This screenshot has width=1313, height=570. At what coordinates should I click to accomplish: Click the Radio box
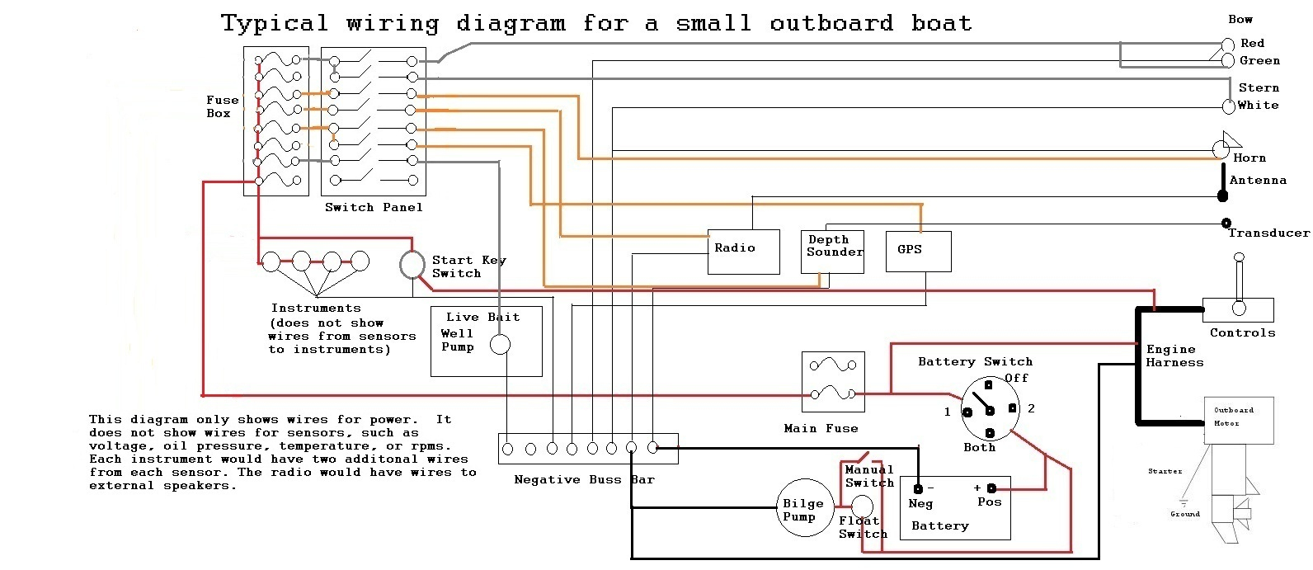click(x=743, y=252)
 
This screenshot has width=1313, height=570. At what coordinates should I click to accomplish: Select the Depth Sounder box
click(x=833, y=252)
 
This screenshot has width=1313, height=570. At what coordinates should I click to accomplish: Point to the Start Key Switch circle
click(x=412, y=265)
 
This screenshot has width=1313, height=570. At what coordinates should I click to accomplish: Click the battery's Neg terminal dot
click(x=918, y=488)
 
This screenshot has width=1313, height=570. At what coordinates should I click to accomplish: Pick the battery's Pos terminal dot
click(x=991, y=488)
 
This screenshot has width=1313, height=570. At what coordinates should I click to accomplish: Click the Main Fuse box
click(x=833, y=382)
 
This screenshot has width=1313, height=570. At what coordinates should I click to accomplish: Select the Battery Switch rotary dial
click(x=988, y=408)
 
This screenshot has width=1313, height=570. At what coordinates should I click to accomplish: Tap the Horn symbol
click(x=1222, y=148)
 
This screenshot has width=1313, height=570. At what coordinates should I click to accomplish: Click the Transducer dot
click(x=1226, y=223)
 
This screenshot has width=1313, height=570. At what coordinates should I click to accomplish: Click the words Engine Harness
click(x=1174, y=356)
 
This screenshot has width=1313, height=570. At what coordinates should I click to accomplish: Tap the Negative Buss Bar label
click(x=584, y=479)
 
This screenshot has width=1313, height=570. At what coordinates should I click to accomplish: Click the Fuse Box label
click(x=222, y=106)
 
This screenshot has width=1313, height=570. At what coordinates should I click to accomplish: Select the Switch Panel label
click(x=374, y=207)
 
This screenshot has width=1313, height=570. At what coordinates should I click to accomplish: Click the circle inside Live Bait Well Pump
click(x=500, y=344)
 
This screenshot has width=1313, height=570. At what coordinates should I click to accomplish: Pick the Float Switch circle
click(x=861, y=506)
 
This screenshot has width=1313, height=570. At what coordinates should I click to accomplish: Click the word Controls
click(x=1242, y=332)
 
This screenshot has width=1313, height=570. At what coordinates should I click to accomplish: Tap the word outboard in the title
click(x=831, y=23)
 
